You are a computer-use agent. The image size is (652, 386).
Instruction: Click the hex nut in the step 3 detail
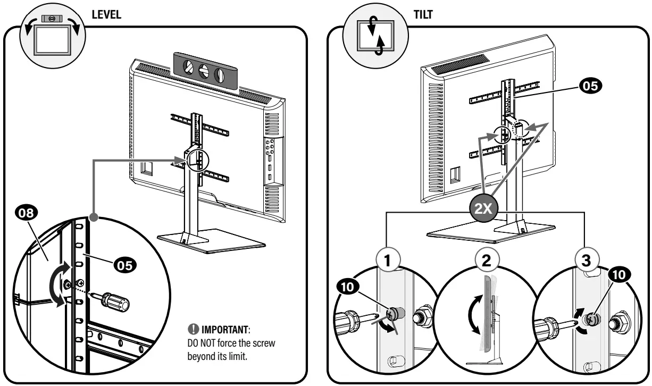tap(619, 323)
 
